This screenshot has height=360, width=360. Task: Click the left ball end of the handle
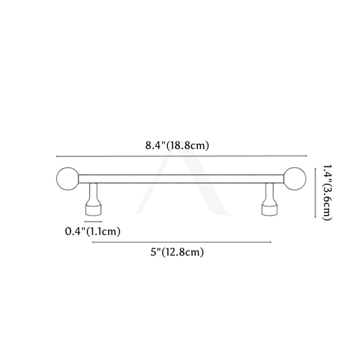click(68, 179)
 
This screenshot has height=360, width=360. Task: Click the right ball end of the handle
click(295, 179)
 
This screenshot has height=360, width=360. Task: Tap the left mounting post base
click(93, 210)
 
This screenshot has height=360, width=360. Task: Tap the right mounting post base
click(269, 210)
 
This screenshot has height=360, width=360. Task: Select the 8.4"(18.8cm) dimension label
click(177, 145)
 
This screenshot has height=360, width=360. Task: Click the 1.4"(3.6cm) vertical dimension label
click(327, 192)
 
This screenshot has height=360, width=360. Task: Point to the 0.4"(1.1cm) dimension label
click(93, 232)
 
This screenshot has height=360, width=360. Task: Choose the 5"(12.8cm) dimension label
click(177, 252)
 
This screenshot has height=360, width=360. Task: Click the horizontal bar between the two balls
click(181, 179)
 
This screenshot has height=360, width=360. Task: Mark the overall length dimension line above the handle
click(181, 156)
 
